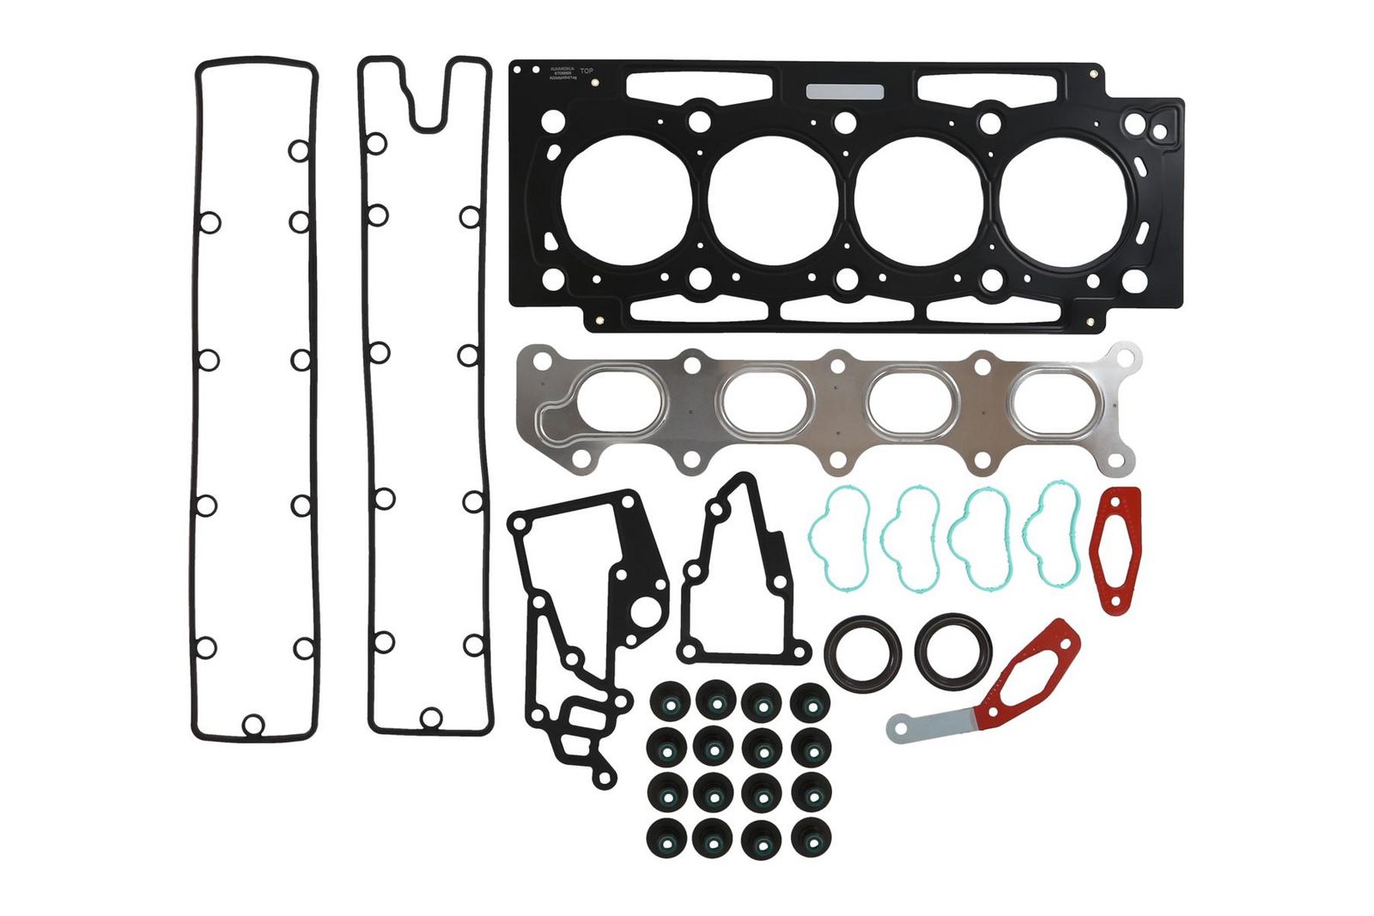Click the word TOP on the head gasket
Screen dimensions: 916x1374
coord(587,71)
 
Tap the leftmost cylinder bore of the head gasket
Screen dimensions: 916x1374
coord(626,200)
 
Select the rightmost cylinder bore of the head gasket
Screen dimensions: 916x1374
coord(1064,200)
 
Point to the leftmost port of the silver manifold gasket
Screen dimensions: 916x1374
coord(623,400)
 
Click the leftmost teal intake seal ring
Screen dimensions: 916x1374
coord(840,538)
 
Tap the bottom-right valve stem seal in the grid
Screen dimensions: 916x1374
coord(810,837)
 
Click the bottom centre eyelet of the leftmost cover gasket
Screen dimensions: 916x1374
coord(252,724)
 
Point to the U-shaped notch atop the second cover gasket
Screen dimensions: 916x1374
coord(428,107)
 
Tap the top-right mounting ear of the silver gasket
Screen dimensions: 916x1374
coord(1124,355)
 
